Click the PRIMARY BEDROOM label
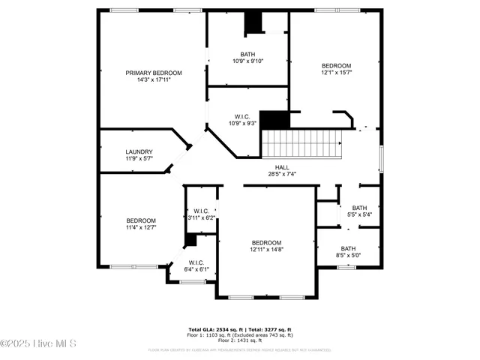(x=154, y=73)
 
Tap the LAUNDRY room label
(x=139, y=151)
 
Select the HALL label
(x=282, y=167)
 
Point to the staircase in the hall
(x=300, y=142)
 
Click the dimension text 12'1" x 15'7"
(x=337, y=73)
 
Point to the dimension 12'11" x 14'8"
(x=266, y=250)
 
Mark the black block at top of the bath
(x=255, y=23)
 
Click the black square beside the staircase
(x=279, y=120)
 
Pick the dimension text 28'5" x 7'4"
(x=282, y=174)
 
